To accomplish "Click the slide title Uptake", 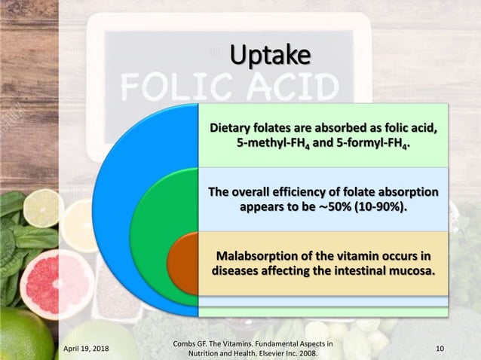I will (270, 55).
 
